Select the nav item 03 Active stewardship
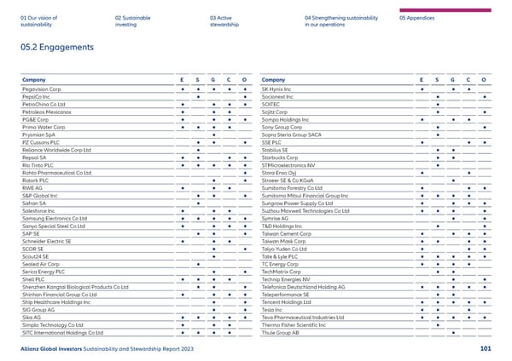228,21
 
